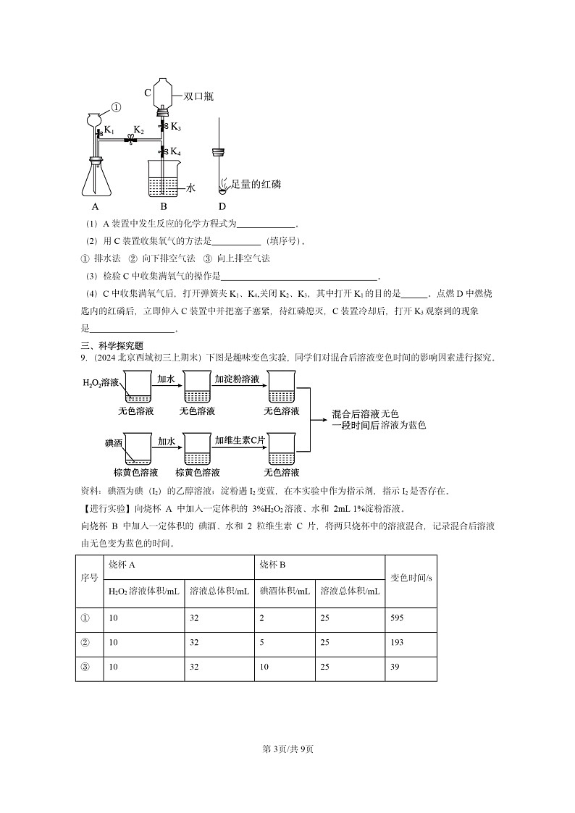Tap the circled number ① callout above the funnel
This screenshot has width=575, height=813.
(x=116, y=107)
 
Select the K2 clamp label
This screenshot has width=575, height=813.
(x=138, y=130)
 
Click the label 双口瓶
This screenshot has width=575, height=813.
(x=198, y=96)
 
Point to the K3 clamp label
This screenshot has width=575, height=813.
(x=176, y=127)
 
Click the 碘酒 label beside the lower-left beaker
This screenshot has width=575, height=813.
(x=114, y=441)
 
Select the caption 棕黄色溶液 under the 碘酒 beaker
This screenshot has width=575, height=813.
(x=136, y=473)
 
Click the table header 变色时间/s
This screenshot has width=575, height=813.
(x=411, y=578)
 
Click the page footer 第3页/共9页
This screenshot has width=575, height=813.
(x=287, y=749)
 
